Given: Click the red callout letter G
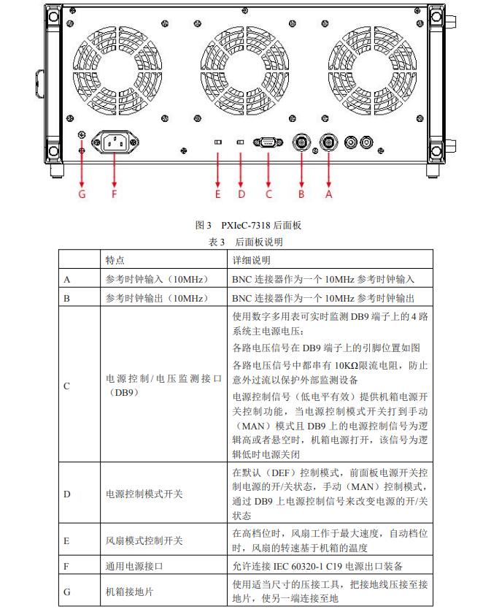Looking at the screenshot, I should coord(82,194).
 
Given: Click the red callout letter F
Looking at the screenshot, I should coord(114,194).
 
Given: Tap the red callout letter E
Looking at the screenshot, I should coord(217,194).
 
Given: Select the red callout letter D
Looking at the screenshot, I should coord(241,194).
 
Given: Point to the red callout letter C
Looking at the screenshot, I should coord(268,194).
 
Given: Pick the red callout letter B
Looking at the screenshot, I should coord(301,194).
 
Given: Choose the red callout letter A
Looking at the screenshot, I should coord(328,194).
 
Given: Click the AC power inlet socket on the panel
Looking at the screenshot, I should coord(114,142).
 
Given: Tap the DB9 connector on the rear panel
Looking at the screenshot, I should coord(268,142).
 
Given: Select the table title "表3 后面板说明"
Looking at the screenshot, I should coord(246,242).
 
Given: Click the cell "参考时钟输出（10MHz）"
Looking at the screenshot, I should coord(157,298).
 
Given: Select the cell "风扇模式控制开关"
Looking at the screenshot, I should coord(144,541).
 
